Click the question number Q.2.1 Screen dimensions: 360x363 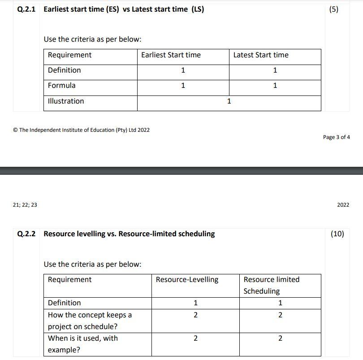(26, 9)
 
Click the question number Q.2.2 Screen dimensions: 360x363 (26, 234)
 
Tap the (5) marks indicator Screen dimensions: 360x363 (334, 9)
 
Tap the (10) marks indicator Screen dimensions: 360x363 (337, 234)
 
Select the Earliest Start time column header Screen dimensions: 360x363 (171, 55)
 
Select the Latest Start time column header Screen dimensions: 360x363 (261, 55)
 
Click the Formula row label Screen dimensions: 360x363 (62, 85)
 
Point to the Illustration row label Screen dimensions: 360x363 (66, 101)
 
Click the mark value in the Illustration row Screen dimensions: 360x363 (229, 101)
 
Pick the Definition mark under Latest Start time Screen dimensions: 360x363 (275, 70)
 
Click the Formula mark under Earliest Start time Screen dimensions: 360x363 (183, 86)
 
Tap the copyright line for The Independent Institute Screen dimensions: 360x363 (82, 130)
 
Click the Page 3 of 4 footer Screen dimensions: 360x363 (336, 137)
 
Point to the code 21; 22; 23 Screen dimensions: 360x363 (26, 205)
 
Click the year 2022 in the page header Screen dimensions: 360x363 (343, 205)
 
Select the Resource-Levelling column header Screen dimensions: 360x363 (187, 280)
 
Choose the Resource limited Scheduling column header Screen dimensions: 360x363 (271, 285)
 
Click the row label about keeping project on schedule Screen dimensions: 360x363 (90, 321)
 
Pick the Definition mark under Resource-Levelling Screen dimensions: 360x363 (195, 303)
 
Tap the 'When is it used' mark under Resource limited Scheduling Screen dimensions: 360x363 (280, 338)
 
